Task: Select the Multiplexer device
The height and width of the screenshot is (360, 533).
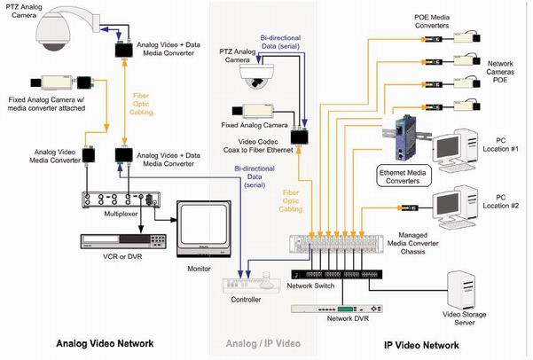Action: (116, 200)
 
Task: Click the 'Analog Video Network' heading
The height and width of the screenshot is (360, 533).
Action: (105, 343)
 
